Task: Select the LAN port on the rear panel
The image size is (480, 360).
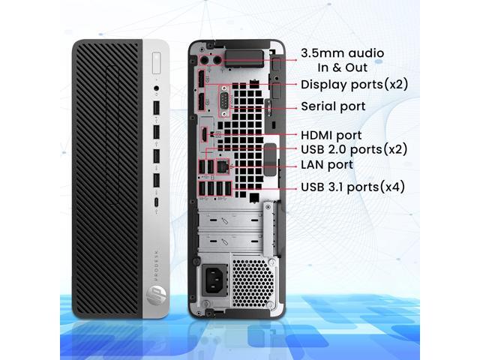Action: [x=223, y=163]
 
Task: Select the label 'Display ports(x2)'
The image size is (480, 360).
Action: [x=354, y=84]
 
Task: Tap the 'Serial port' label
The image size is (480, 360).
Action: [x=333, y=106]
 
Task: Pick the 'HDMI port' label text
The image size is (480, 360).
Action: [x=331, y=135]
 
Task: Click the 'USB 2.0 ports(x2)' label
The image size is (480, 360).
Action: [x=354, y=149]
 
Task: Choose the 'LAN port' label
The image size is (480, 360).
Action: [x=327, y=164]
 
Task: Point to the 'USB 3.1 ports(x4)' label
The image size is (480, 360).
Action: [x=352, y=187]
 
